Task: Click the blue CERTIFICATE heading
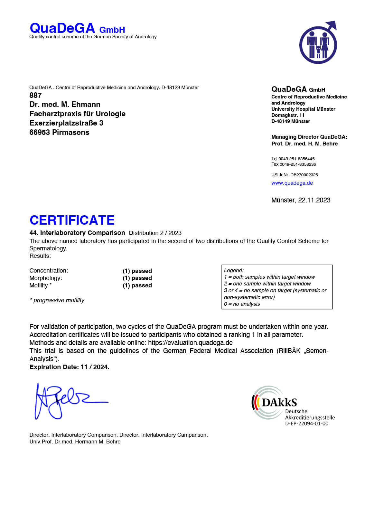pos(72,220)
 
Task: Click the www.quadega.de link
pos(292,183)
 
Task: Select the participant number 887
pos(35,95)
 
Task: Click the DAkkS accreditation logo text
pos(279,402)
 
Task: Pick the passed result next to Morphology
pos(137,278)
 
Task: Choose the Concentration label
pos(49,271)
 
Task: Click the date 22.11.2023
pos(314,200)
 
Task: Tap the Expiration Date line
pos(69,367)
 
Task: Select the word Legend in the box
pos(234,270)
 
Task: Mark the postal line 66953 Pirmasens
pos(59,132)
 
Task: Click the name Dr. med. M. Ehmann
pos(65,104)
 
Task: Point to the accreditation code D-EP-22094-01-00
pos(307,424)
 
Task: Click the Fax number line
pos(294,164)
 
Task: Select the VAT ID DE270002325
pos(304,175)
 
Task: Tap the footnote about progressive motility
pos(57,300)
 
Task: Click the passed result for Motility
pos(137,285)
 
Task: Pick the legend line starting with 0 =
pos(242,304)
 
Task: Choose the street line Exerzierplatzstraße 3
pos(66,123)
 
